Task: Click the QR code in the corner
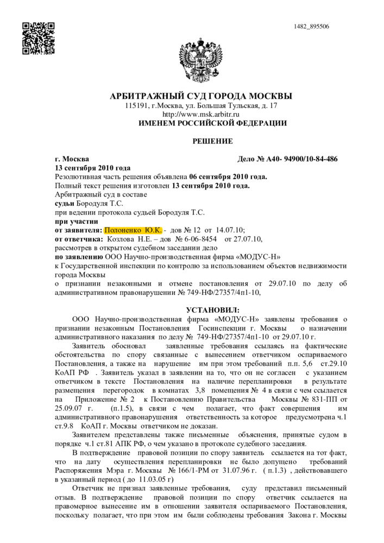coord(38,38)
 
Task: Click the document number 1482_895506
coord(311,27)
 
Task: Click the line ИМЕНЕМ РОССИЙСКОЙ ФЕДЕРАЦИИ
coord(212,123)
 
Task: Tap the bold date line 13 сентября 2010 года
coord(93,168)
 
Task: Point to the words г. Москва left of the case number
coord(72,159)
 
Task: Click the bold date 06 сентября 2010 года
coord(228,176)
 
